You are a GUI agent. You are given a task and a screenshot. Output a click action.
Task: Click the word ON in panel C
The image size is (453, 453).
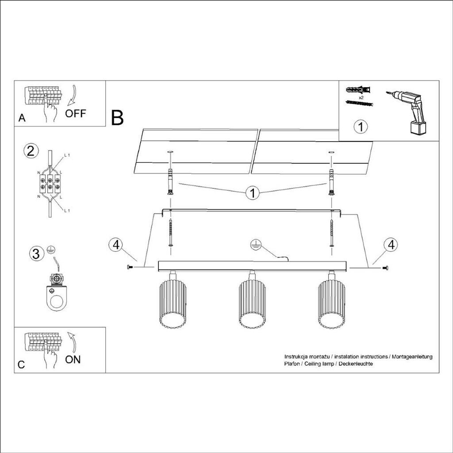(x=73, y=359)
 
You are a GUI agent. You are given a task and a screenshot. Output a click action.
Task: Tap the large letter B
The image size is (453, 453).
(x=117, y=118)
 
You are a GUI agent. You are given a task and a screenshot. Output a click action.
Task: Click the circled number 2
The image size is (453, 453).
(x=31, y=151)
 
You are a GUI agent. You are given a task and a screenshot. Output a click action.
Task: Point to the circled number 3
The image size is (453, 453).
(x=37, y=254)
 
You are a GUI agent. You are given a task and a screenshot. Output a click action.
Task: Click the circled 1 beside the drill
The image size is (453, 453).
(x=361, y=127)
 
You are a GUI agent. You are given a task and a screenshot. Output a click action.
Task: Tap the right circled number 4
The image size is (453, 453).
(x=390, y=245)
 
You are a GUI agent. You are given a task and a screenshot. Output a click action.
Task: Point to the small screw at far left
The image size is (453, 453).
(x=129, y=267)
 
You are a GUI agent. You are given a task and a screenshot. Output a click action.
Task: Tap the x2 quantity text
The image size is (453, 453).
(x=361, y=97)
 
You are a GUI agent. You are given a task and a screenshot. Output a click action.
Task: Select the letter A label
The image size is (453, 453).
(x=22, y=118)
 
